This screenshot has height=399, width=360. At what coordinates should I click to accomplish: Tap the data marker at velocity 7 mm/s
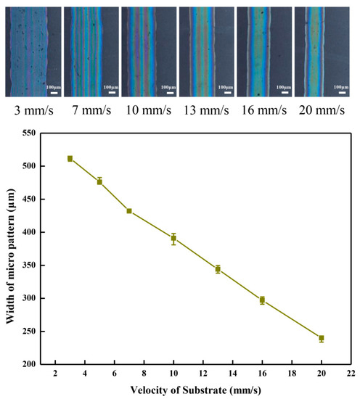(129, 211)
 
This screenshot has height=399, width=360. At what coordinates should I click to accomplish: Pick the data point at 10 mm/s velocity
(173, 238)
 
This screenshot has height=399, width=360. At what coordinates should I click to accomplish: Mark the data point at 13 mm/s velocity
(218, 269)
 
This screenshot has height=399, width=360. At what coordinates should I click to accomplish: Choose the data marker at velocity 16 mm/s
(262, 300)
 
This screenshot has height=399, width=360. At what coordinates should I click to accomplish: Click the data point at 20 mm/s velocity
(321, 338)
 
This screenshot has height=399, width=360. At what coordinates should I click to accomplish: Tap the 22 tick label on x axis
(351, 373)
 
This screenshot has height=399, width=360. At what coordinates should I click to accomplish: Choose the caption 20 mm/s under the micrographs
(320, 113)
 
